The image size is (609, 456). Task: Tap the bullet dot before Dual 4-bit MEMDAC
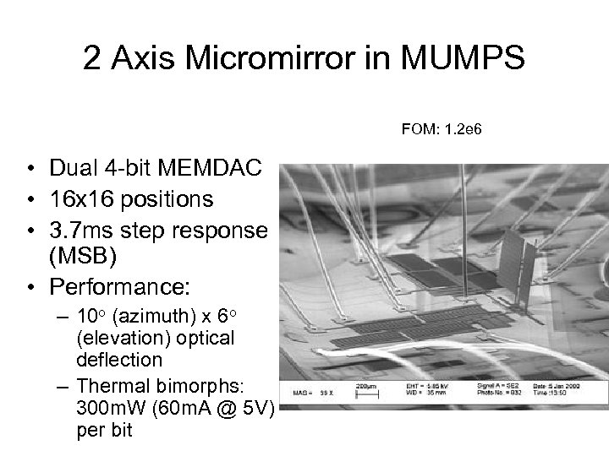click(x=29, y=170)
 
